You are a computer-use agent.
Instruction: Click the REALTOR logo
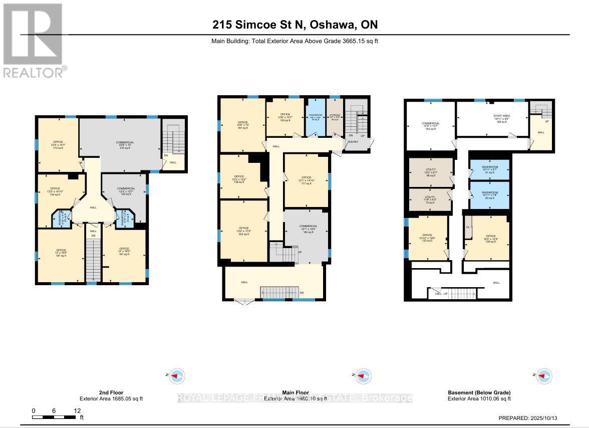pos(33,40)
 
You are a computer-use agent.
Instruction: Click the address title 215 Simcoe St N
pos(294,25)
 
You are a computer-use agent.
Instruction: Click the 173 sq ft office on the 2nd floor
pos(59,145)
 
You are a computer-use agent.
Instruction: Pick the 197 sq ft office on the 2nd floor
pos(61,253)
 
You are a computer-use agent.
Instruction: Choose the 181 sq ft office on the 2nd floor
pos(124,252)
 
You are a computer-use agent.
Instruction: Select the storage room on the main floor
pos(335,117)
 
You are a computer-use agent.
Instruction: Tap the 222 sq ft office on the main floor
pos(244,231)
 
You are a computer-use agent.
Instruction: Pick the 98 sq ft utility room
pos(431,172)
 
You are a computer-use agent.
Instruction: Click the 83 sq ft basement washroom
pos(489,195)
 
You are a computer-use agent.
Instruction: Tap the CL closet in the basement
pos(468,227)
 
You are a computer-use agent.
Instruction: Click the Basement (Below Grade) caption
pos(478,392)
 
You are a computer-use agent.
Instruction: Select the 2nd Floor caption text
pos(111,392)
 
